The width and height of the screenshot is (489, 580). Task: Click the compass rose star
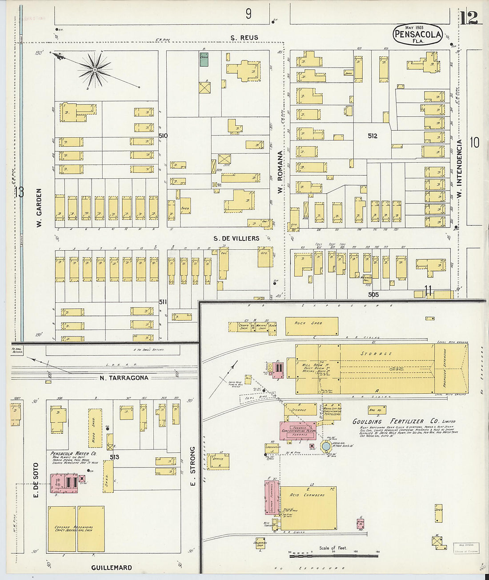point(94,69)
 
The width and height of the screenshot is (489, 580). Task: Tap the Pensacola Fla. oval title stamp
point(417,35)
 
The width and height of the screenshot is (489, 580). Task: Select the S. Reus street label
point(244,38)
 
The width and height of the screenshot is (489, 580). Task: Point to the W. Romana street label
point(280,172)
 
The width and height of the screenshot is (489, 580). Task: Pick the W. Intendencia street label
point(460,169)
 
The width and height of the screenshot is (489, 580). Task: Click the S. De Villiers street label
point(236,239)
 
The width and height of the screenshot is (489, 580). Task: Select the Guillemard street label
point(112,568)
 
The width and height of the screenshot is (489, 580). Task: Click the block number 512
point(373,136)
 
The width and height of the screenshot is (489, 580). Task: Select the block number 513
point(115,457)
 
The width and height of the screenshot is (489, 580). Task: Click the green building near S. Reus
point(204,60)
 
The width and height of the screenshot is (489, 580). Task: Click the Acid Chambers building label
point(307,495)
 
